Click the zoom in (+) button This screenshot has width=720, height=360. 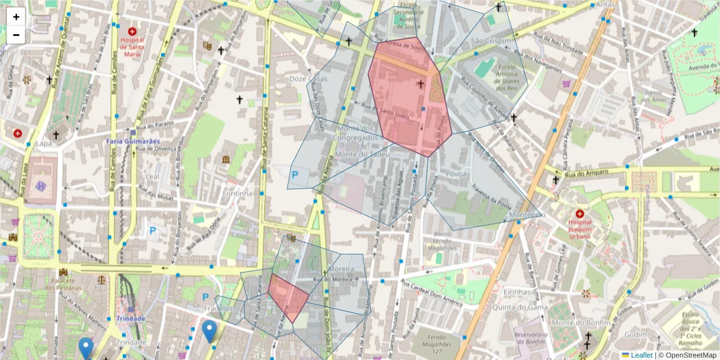click(x=16, y=17)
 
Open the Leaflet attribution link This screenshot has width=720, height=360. click(x=641, y=355)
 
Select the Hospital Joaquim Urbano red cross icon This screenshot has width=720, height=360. click(x=580, y=214)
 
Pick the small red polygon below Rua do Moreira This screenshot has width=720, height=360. click(x=288, y=297)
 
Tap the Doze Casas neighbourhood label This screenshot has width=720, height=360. click(x=308, y=79)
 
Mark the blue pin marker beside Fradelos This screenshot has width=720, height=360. click(x=209, y=330)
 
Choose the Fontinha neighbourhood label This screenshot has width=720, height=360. click(x=236, y=193)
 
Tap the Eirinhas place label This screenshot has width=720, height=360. click(x=518, y=292)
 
